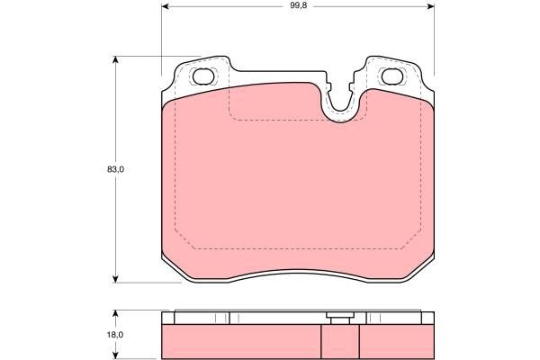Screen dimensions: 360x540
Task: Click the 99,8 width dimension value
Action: point(297,6)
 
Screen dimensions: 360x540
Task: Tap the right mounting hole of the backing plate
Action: point(392,76)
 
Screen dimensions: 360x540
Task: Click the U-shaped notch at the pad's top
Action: point(339,106)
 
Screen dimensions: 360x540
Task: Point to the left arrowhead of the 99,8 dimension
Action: point(166,6)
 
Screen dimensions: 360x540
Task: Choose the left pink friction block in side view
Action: point(240,339)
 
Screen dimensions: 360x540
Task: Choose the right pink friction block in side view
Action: point(397,339)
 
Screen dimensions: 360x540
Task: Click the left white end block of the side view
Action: point(166,318)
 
